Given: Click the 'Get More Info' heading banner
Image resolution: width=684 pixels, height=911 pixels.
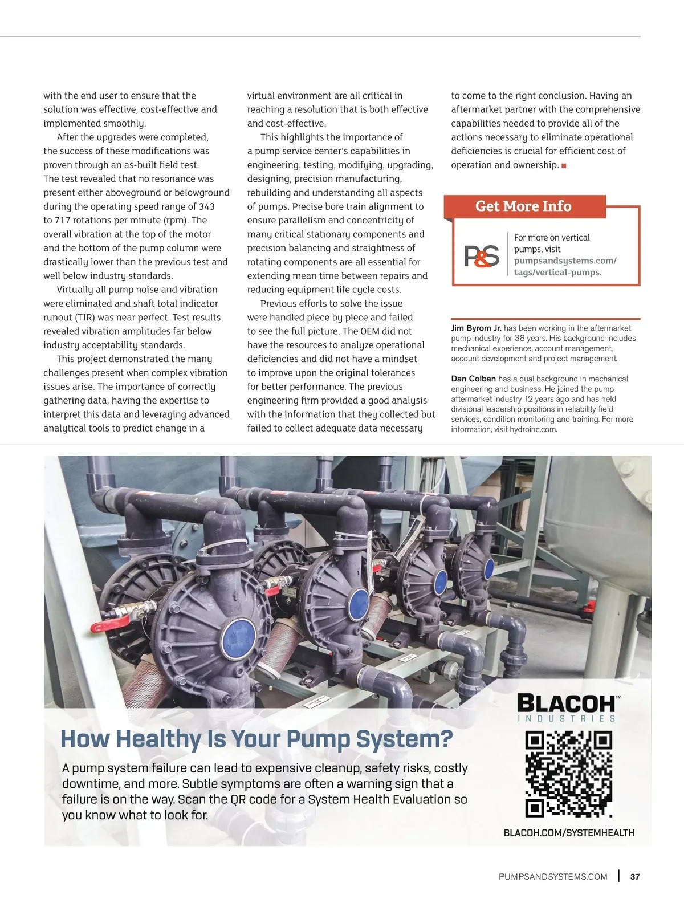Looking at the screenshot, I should pyautogui.click(x=523, y=206).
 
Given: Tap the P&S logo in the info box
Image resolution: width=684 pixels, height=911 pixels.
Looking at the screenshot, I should pyautogui.click(x=482, y=256).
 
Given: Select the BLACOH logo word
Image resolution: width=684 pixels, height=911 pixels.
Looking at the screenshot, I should pyautogui.click(x=566, y=703).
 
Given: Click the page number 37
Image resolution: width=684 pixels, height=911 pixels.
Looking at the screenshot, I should pyautogui.click(x=635, y=877).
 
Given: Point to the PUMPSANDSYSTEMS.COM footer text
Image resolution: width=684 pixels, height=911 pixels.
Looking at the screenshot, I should pyautogui.click(x=553, y=877).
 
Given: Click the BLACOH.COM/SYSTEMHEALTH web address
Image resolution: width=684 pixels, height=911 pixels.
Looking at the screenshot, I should pyautogui.click(x=569, y=833).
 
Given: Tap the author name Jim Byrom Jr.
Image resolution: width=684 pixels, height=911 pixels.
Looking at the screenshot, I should pyautogui.click(x=476, y=328).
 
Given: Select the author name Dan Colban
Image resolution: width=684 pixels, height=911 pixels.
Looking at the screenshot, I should pyautogui.click(x=473, y=379).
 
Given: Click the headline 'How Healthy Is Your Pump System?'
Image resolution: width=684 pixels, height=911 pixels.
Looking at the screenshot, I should pyautogui.click(x=256, y=739).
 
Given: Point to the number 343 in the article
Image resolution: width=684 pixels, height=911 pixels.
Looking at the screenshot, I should pyautogui.click(x=207, y=206).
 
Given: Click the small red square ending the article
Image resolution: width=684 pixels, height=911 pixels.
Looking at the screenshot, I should pyautogui.click(x=564, y=166).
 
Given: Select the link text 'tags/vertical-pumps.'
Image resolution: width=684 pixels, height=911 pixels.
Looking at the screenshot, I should pyautogui.click(x=557, y=273).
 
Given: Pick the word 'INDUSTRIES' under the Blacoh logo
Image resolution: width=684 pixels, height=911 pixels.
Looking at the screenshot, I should pyautogui.click(x=567, y=719).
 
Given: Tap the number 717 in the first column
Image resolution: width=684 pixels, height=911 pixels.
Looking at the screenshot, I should pyautogui.click(x=63, y=221).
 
